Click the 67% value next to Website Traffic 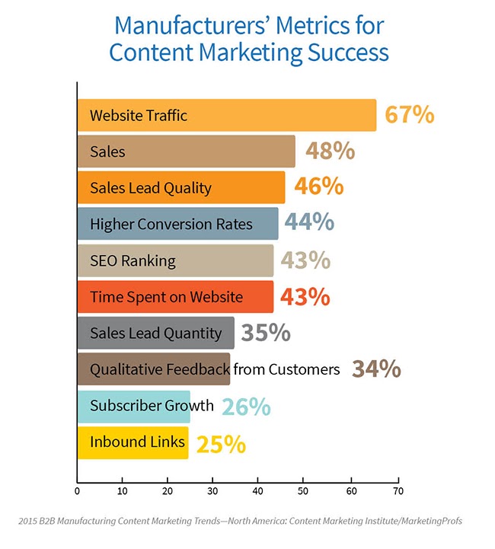(x=410, y=116)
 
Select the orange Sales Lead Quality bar (x=181, y=187)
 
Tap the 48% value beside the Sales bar (x=330, y=152)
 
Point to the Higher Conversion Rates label (x=171, y=224)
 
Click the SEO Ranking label (x=133, y=260)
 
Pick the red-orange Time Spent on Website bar (x=175, y=296)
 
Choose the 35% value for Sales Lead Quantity (x=266, y=333)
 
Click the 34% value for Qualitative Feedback (x=376, y=369)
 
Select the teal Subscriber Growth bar (x=133, y=405)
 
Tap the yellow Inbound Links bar (x=133, y=442)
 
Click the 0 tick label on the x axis (x=77, y=491)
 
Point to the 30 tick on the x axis (x=214, y=491)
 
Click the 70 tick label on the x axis (x=397, y=491)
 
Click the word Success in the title (x=345, y=53)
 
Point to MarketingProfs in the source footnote (x=424, y=522)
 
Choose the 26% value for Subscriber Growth (x=246, y=407)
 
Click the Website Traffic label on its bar (x=139, y=116)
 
